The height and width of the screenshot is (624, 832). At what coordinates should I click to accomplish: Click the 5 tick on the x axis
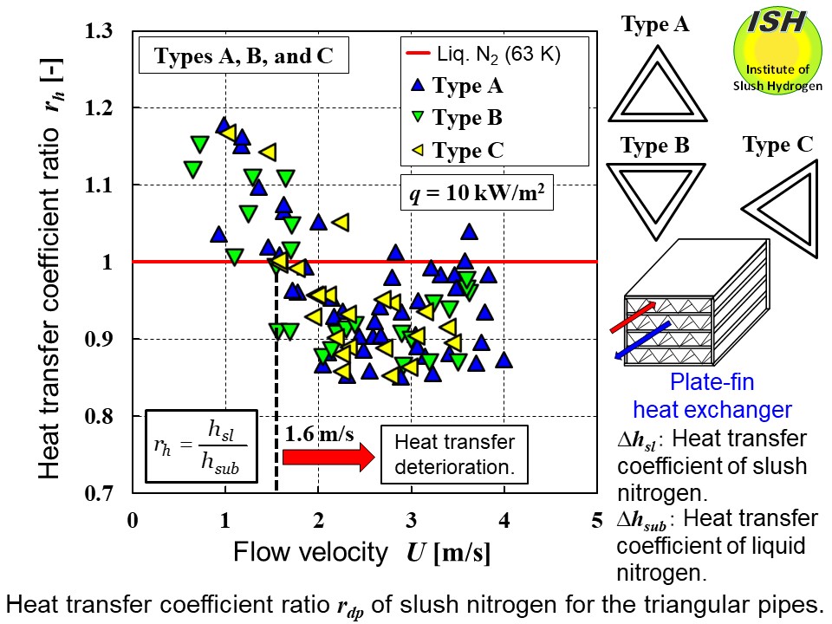(x=596, y=520)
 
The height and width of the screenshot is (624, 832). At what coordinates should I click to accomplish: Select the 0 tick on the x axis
(x=133, y=520)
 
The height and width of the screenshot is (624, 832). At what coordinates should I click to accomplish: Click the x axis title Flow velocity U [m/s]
(x=361, y=553)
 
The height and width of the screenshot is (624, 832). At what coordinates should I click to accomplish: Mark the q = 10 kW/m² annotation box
(x=478, y=194)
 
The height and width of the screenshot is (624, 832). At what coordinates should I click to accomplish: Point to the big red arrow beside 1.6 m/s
(x=324, y=455)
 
